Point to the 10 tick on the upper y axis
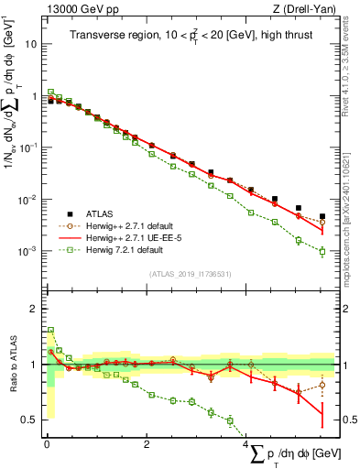[x=30, y=43]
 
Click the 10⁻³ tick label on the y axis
[x=26, y=251]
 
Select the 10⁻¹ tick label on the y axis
[x=26, y=147]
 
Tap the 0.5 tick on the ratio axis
[x=29, y=420]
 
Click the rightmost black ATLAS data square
[x=322, y=216]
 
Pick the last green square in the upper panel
[x=322, y=251]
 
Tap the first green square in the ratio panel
[x=51, y=330]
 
